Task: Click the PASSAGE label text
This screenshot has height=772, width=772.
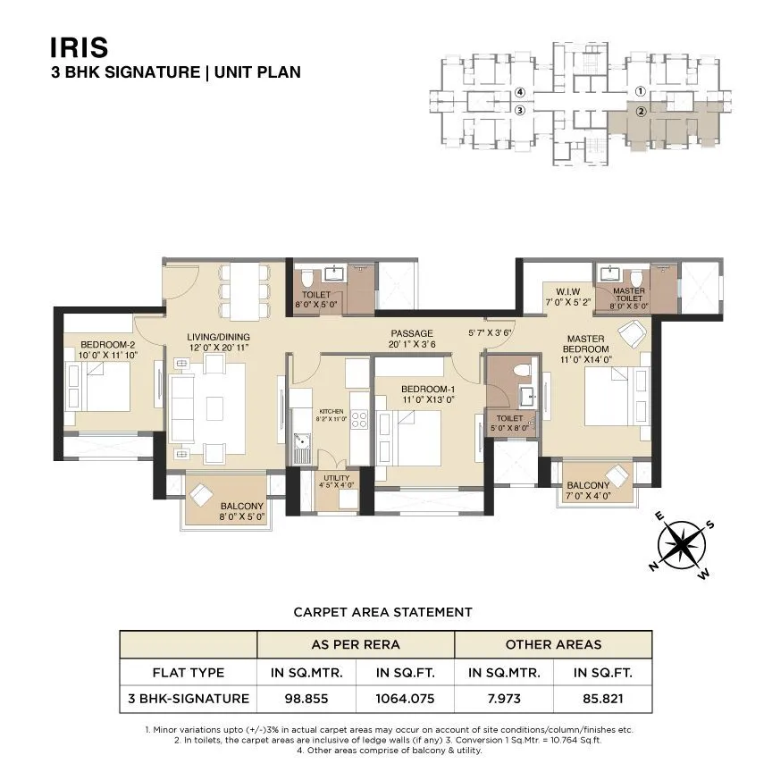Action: (x=412, y=333)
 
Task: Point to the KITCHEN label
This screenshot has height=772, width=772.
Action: (x=331, y=412)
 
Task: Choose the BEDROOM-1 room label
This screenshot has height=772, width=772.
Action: (x=425, y=389)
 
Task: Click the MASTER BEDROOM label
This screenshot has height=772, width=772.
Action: (x=586, y=343)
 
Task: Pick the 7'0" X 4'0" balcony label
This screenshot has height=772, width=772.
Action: (x=588, y=497)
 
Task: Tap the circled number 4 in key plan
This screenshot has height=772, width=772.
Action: (x=519, y=92)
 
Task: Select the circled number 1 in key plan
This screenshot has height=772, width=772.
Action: (x=640, y=91)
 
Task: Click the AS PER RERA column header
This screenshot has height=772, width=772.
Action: (x=356, y=644)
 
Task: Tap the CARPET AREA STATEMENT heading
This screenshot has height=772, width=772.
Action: (x=382, y=612)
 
